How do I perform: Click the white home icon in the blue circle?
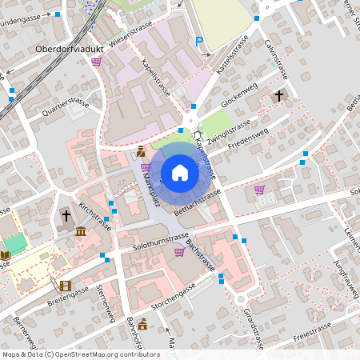click(180, 173)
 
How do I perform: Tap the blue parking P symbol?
click(200, 41)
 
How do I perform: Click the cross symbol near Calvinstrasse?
click(278, 96)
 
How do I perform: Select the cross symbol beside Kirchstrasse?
click(66, 216)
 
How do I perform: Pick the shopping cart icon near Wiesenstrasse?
click(97, 61)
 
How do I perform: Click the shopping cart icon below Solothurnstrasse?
click(179, 251)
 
